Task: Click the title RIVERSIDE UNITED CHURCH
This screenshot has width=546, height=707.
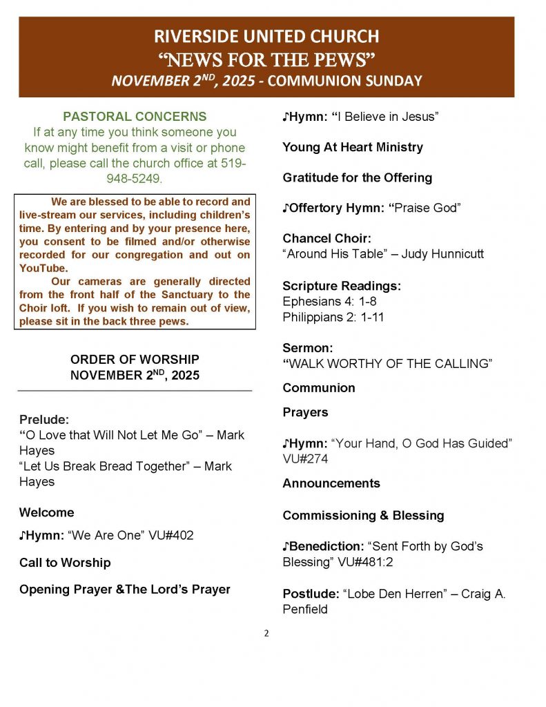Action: click(266, 36)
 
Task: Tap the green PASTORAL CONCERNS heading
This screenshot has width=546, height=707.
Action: click(135, 116)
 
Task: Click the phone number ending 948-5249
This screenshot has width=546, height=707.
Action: click(135, 178)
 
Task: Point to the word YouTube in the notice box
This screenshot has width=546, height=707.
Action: click(43, 268)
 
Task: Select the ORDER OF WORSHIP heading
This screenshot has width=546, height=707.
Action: click(135, 359)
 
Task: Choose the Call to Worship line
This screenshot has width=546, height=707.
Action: click(65, 563)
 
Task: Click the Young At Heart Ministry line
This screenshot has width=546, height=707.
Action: click(353, 147)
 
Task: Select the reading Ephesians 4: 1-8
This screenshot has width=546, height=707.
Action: click(329, 302)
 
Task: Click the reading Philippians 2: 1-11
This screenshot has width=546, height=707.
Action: click(333, 317)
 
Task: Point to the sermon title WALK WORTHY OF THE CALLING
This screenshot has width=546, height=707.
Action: click(389, 364)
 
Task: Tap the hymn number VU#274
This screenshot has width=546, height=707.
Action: click(305, 458)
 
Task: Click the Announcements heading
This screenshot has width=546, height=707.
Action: click(331, 483)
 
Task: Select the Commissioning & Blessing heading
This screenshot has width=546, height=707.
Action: click(363, 516)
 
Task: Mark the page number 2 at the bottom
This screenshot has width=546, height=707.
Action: click(266, 632)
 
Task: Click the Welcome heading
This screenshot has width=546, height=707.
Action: click(46, 512)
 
